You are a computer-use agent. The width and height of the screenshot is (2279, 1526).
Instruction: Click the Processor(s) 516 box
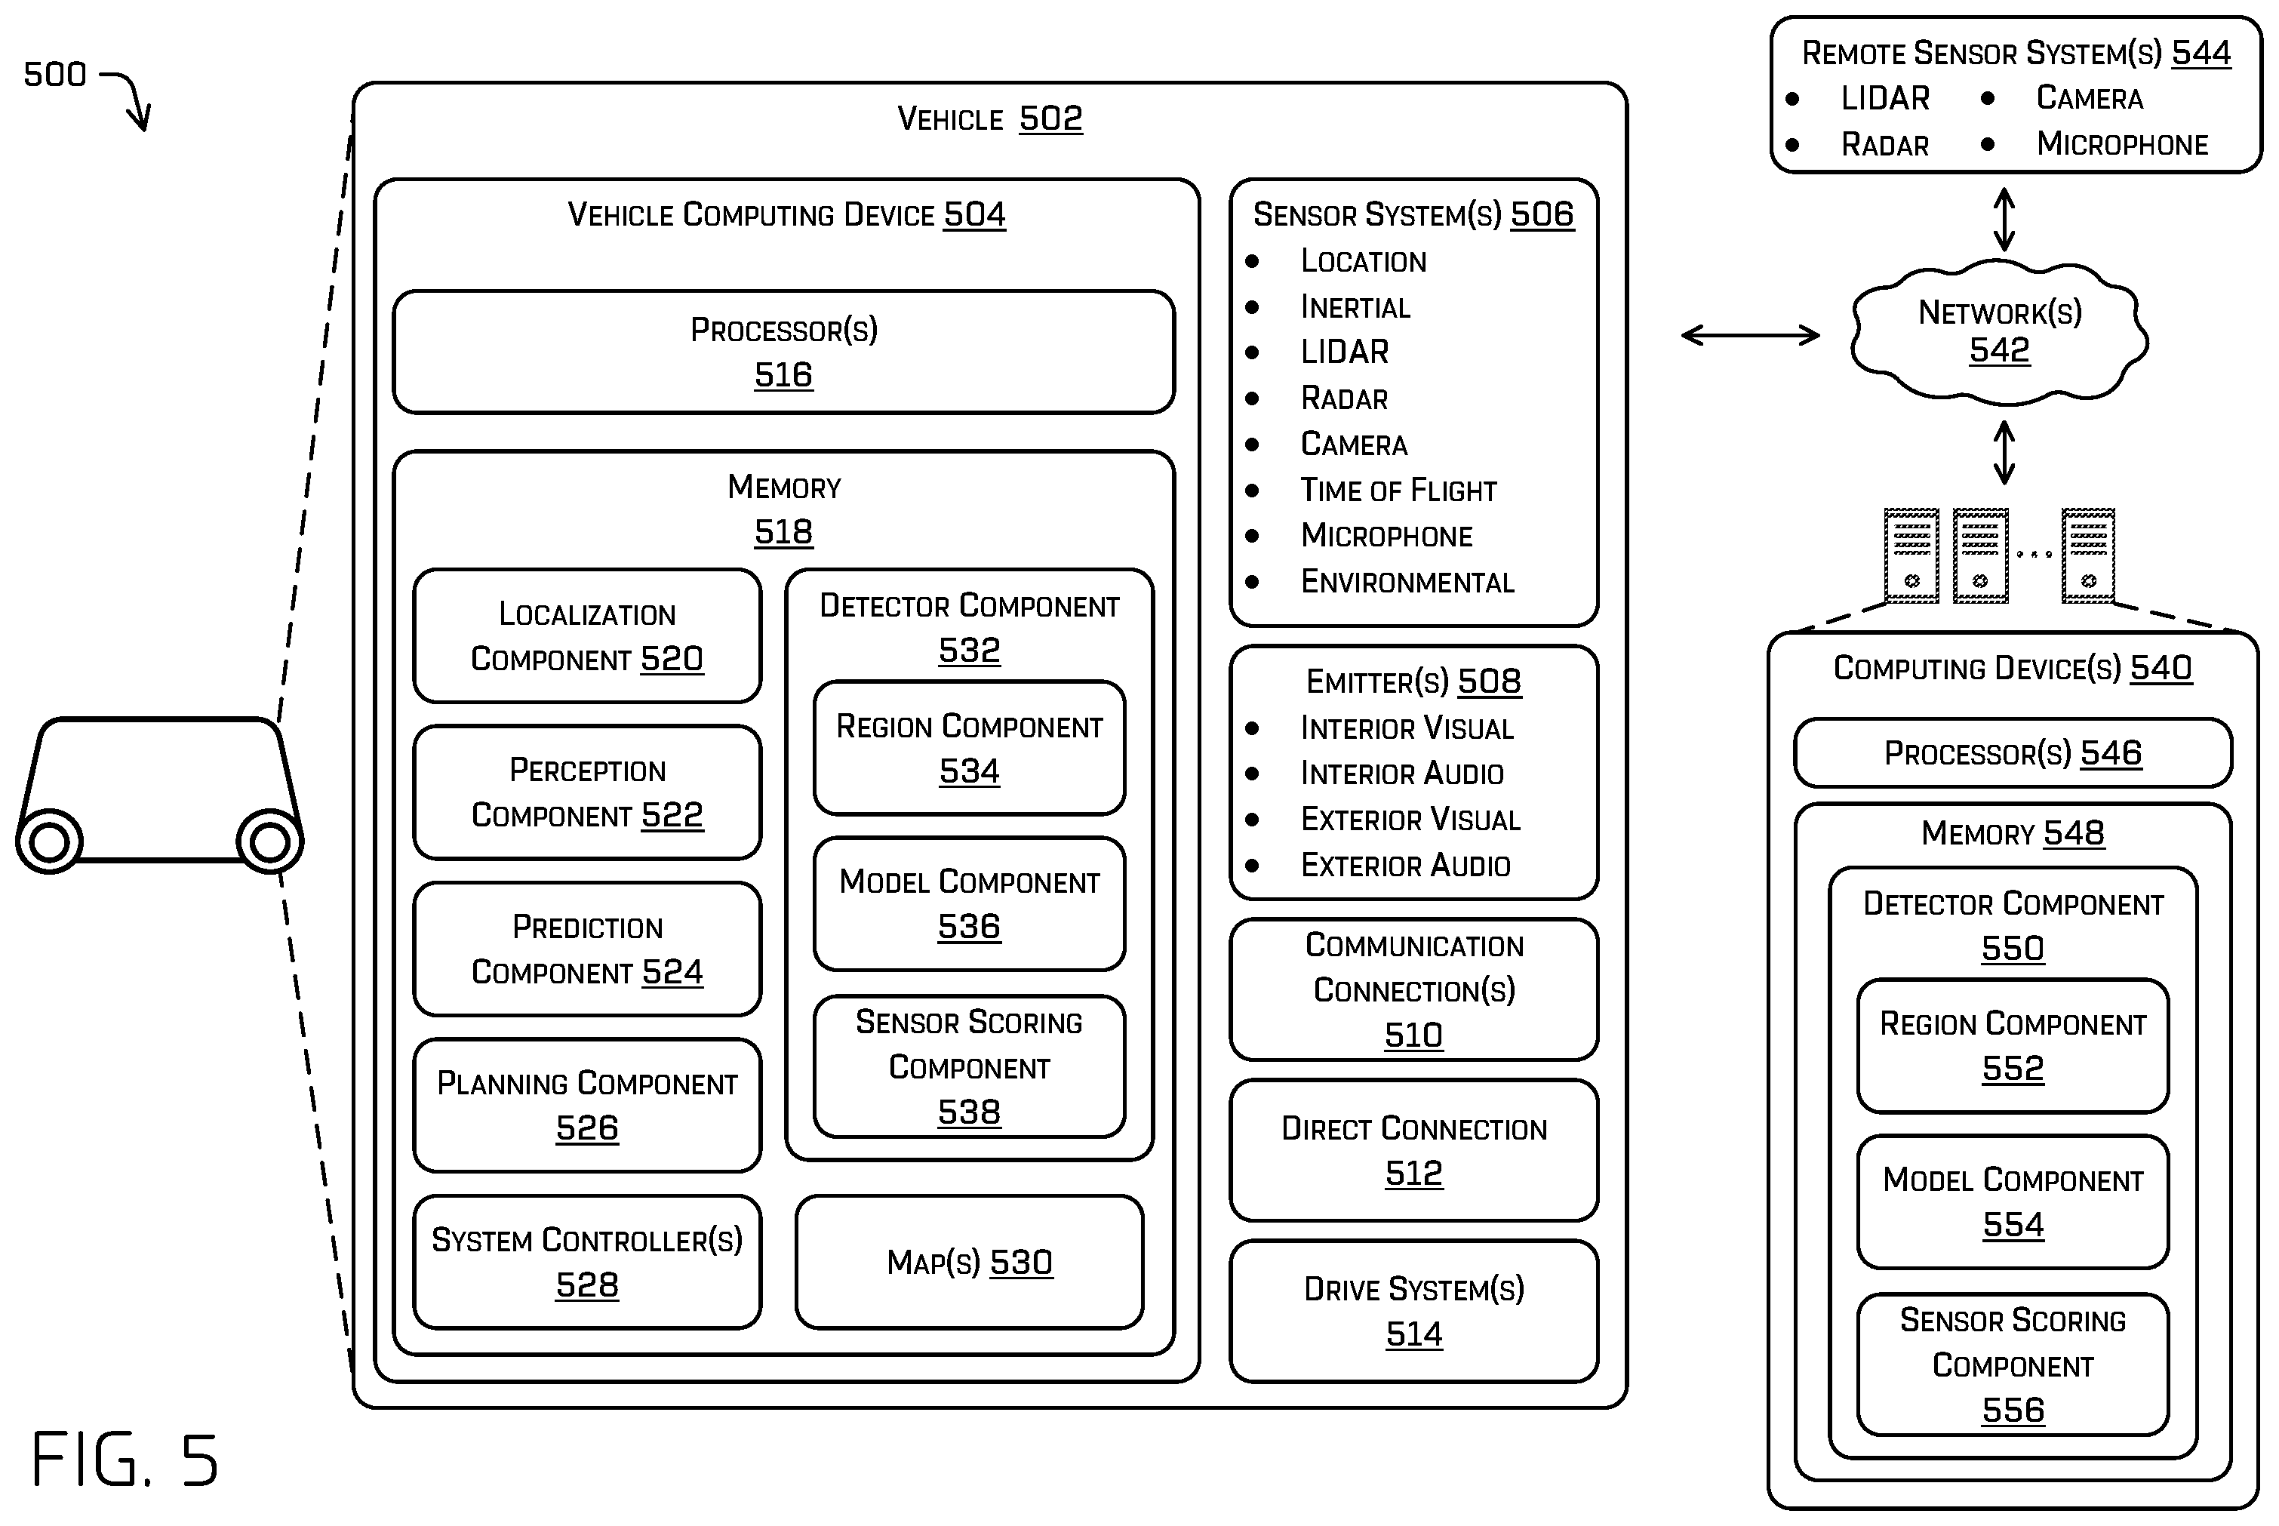pos(783,352)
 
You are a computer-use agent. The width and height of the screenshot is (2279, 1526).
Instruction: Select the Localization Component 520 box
pos(587,635)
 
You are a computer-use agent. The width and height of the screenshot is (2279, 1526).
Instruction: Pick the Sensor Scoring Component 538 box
pos(969,1066)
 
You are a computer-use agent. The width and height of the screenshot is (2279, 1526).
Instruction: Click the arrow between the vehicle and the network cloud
pos(1750,335)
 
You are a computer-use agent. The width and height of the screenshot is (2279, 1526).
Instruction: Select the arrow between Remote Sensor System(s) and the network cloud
pos(2004,219)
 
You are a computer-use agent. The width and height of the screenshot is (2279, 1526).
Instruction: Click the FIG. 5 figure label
pos(125,1459)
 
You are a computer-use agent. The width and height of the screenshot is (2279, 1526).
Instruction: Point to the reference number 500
pos(54,74)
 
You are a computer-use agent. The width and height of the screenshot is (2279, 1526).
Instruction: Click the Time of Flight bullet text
pos(1398,490)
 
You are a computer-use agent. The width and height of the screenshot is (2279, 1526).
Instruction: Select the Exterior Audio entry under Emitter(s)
pos(1405,864)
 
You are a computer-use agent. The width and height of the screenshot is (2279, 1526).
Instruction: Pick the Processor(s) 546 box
pos(2013,752)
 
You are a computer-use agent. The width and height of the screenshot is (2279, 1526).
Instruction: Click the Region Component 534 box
pos(969,747)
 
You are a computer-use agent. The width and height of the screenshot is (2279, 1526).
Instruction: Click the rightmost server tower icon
pos(2087,555)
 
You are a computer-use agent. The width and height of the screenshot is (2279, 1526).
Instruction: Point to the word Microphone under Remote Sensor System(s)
pos(2122,144)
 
